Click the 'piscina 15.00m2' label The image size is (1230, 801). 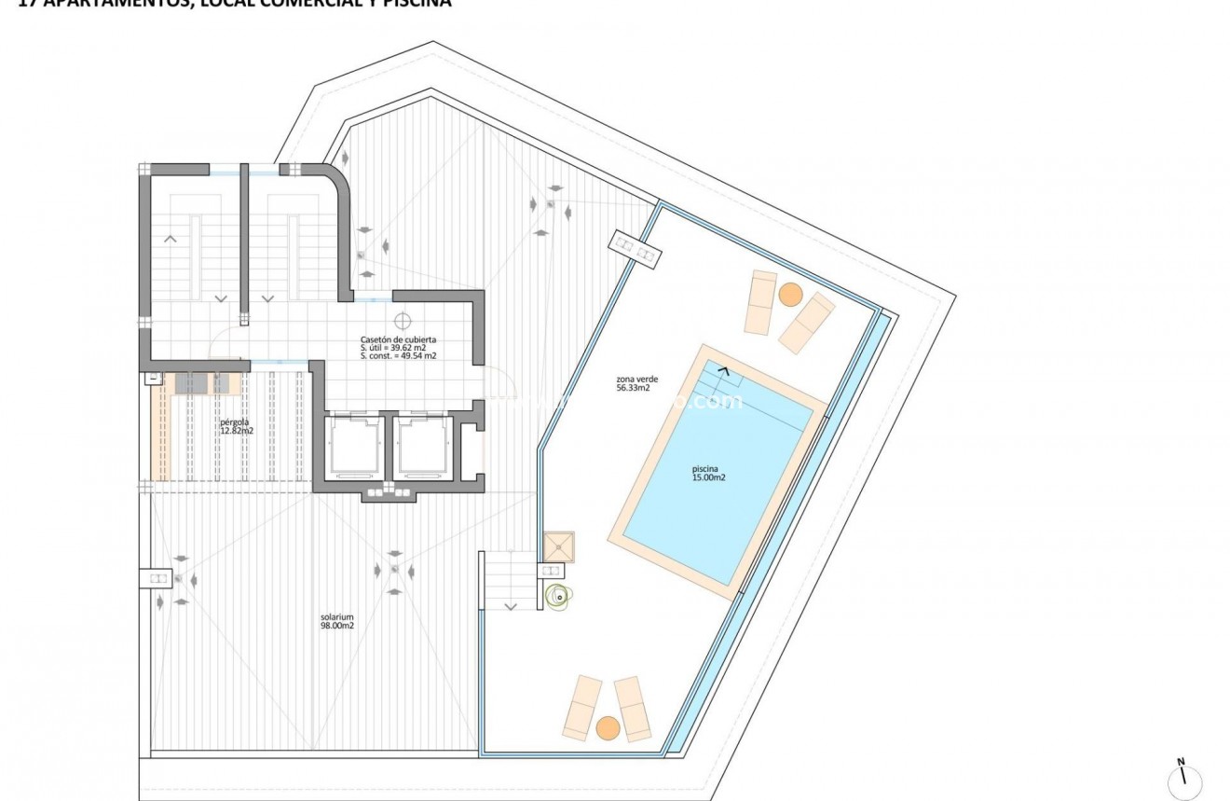tap(708, 473)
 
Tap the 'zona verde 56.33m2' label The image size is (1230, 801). tap(633, 384)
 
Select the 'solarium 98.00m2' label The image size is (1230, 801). tap(336, 621)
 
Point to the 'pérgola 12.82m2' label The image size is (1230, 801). tap(237, 426)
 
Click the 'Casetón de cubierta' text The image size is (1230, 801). tap(398, 339)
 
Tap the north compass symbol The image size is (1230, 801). tap(1183, 780)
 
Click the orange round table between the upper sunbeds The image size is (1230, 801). tap(790, 295)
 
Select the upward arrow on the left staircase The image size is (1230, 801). tap(171, 239)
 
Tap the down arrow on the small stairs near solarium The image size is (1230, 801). tap(511, 606)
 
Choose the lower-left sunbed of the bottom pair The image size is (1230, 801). tap(583, 707)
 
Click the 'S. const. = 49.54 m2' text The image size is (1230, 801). tap(398, 356)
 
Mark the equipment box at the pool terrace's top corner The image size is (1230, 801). tap(635, 247)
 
